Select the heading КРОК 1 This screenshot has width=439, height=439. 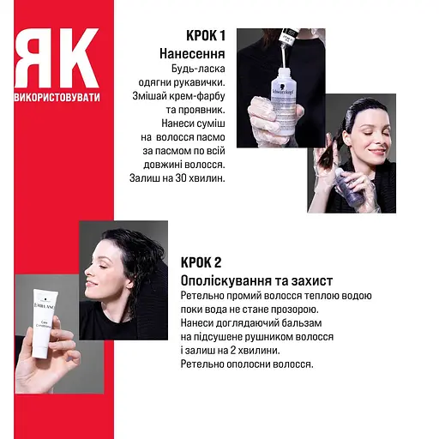206,35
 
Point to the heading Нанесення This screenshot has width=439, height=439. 192,53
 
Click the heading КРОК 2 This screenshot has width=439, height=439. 201,262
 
